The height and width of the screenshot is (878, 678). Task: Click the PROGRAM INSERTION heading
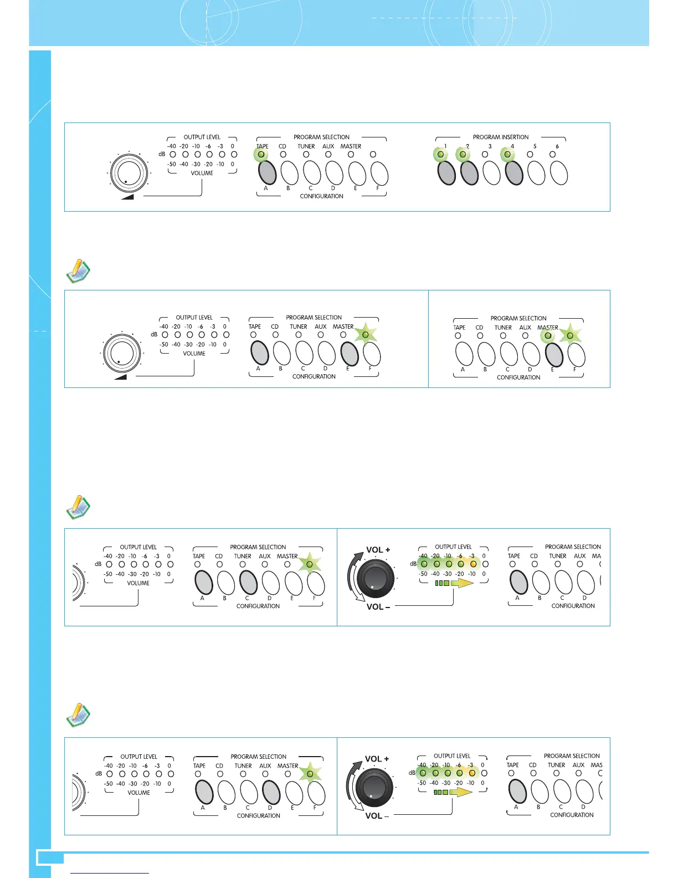pyautogui.click(x=500, y=137)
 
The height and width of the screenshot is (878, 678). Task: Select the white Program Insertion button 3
pyautogui.click(x=491, y=172)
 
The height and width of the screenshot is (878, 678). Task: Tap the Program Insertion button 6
pyautogui.click(x=559, y=172)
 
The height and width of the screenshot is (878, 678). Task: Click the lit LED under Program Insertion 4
pyautogui.click(x=507, y=155)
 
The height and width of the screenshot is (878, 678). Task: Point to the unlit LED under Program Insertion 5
pyautogui.click(x=530, y=155)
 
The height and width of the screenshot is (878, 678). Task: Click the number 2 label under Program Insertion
pyautogui.click(x=468, y=146)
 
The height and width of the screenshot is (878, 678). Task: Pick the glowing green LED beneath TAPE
pyautogui.click(x=261, y=155)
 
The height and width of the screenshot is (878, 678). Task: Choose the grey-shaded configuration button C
pyautogui.click(x=249, y=583)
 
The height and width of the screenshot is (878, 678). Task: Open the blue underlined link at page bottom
pyautogui.click(x=110, y=873)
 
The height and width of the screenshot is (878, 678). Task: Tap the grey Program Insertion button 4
pyautogui.click(x=514, y=172)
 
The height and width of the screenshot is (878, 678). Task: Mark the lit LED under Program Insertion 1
pyautogui.click(x=440, y=155)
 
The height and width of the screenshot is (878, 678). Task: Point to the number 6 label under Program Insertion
pyautogui.click(x=557, y=146)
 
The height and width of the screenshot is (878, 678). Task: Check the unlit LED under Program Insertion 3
pyautogui.click(x=485, y=155)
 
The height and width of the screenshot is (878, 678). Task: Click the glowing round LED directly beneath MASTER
pyautogui.click(x=548, y=335)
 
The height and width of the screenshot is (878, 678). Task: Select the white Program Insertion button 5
pyautogui.click(x=537, y=172)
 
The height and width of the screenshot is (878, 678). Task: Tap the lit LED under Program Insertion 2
pyautogui.click(x=463, y=155)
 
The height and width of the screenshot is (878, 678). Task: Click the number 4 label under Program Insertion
pyautogui.click(x=512, y=146)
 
